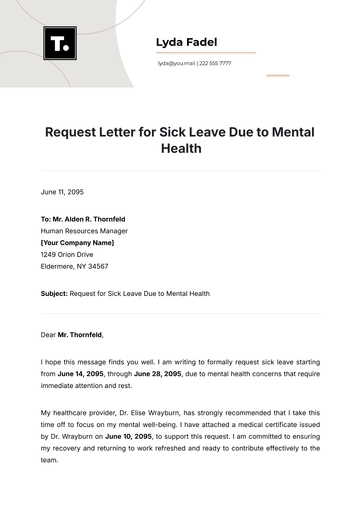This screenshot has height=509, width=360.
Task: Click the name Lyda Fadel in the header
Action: (x=187, y=42)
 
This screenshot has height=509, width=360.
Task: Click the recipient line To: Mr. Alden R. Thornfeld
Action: (x=83, y=218)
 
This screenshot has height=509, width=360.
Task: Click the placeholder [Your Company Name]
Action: (x=77, y=242)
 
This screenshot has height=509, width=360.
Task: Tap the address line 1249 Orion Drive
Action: (x=68, y=254)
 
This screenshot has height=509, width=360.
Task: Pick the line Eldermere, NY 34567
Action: (x=74, y=266)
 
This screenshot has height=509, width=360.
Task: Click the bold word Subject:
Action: (x=54, y=294)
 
